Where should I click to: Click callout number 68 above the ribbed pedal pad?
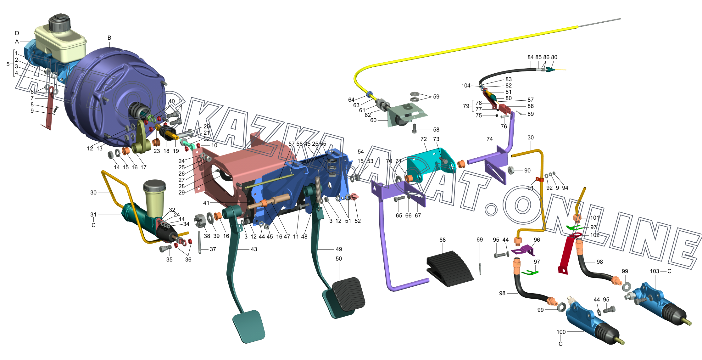tap(443, 240)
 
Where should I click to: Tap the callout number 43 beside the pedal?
tap(254, 249)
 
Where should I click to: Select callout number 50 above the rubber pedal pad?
tap(339, 259)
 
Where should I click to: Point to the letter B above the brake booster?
tap(109, 38)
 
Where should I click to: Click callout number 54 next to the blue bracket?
tap(361, 152)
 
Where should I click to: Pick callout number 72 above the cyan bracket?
tap(424, 139)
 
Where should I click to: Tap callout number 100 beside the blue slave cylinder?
tap(561, 332)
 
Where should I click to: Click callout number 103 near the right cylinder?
tap(655, 271)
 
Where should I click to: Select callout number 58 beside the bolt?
tap(436, 130)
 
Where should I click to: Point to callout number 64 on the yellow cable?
tap(351, 100)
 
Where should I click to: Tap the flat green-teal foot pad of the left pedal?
tap(249, 326)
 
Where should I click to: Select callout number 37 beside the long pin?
tap(213, 249)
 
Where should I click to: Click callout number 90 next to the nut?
tap(527, 171)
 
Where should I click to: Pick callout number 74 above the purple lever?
tap(490, 139)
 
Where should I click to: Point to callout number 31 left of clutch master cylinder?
tap(93, 215)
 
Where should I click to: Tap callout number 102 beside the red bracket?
tap(595, 235)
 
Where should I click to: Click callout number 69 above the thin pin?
tap(480, 240)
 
